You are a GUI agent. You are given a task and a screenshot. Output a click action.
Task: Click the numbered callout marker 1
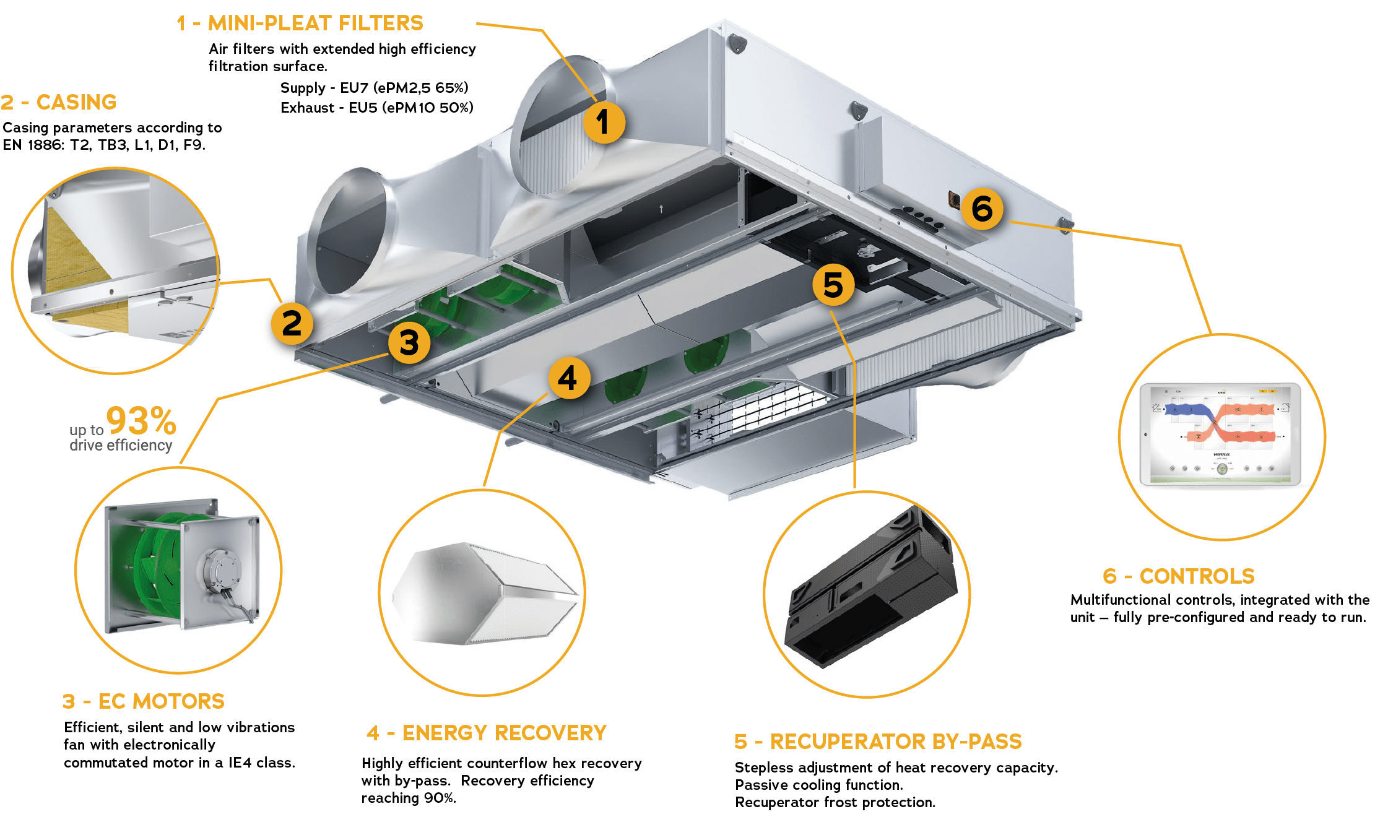[604, 122]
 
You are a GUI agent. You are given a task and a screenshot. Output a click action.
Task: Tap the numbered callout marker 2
[292, 324]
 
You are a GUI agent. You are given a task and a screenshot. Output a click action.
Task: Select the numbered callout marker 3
[409, 343]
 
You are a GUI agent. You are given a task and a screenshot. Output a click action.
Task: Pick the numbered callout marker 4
[568, 378]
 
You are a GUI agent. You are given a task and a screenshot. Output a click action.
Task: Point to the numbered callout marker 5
[833, 285]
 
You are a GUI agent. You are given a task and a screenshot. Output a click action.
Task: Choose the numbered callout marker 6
[982, 209]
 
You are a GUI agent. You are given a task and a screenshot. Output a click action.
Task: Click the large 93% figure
[141, 421]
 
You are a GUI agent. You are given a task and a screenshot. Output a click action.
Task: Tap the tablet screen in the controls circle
[1220, 434]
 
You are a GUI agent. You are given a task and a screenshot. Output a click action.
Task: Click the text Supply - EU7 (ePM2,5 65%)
[374, 88]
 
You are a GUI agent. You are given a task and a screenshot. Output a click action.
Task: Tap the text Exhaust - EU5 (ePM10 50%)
[376, 108]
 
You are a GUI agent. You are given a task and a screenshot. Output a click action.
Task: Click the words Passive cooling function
[818, 785]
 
